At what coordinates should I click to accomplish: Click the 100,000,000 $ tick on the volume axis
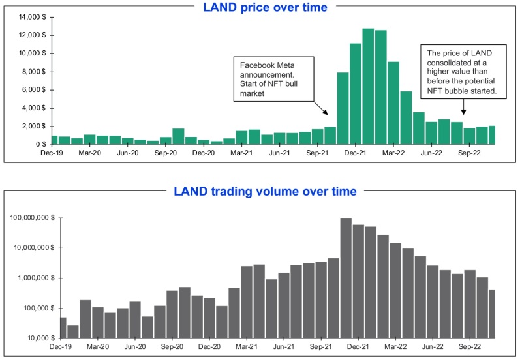(32, 218)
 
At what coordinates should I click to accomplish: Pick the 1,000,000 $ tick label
(36, 278)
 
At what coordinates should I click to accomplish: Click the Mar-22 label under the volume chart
(393, 347)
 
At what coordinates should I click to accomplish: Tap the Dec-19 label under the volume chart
(60, 347)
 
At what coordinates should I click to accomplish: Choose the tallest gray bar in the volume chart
(346, 278)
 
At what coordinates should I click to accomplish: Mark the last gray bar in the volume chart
(492, 314)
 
